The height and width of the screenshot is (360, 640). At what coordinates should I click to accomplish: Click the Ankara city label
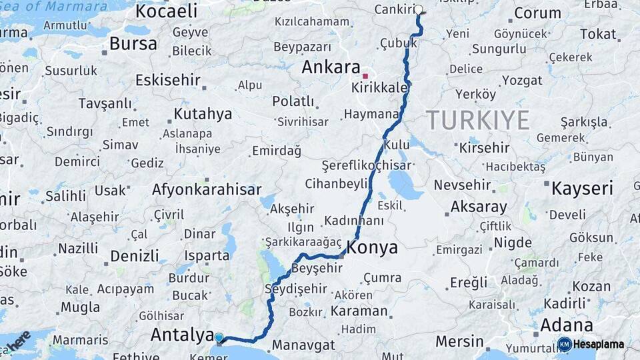(x=331, y=67)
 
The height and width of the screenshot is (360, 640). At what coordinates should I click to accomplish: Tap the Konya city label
(x=373, y=248)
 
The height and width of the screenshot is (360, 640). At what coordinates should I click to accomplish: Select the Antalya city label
(x=181, y=334)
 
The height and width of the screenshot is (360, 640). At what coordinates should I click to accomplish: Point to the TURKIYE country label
(x=478, y=120)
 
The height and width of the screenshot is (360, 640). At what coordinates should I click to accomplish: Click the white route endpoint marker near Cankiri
(x=419, y=9)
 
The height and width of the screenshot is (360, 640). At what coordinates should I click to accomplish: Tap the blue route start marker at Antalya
(x=219, y=338)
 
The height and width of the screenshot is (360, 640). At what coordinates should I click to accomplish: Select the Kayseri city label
(x=582, y=189)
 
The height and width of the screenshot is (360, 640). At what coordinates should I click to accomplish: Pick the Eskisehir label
(x=167, y=80)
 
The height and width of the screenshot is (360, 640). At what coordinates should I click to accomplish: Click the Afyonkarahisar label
(x=207, y=189)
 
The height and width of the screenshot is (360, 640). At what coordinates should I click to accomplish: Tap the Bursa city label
(x=133, y=44)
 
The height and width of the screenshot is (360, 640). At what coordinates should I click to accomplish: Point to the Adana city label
(x=566, y=325)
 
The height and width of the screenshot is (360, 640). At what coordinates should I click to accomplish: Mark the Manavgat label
(x=304, y=345)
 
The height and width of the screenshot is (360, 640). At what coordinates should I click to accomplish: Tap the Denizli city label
(x=135, y=255)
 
